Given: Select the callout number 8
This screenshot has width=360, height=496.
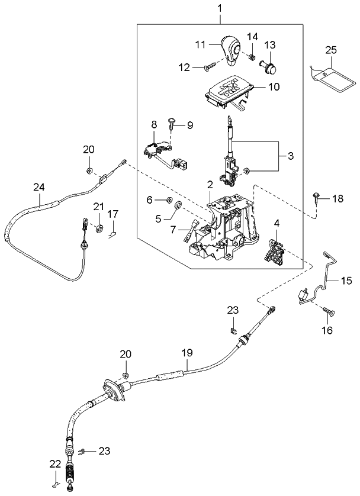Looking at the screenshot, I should [154, 125].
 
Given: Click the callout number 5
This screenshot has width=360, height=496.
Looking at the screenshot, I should [157, 218].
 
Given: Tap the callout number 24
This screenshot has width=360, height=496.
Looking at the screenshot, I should [38, 187].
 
